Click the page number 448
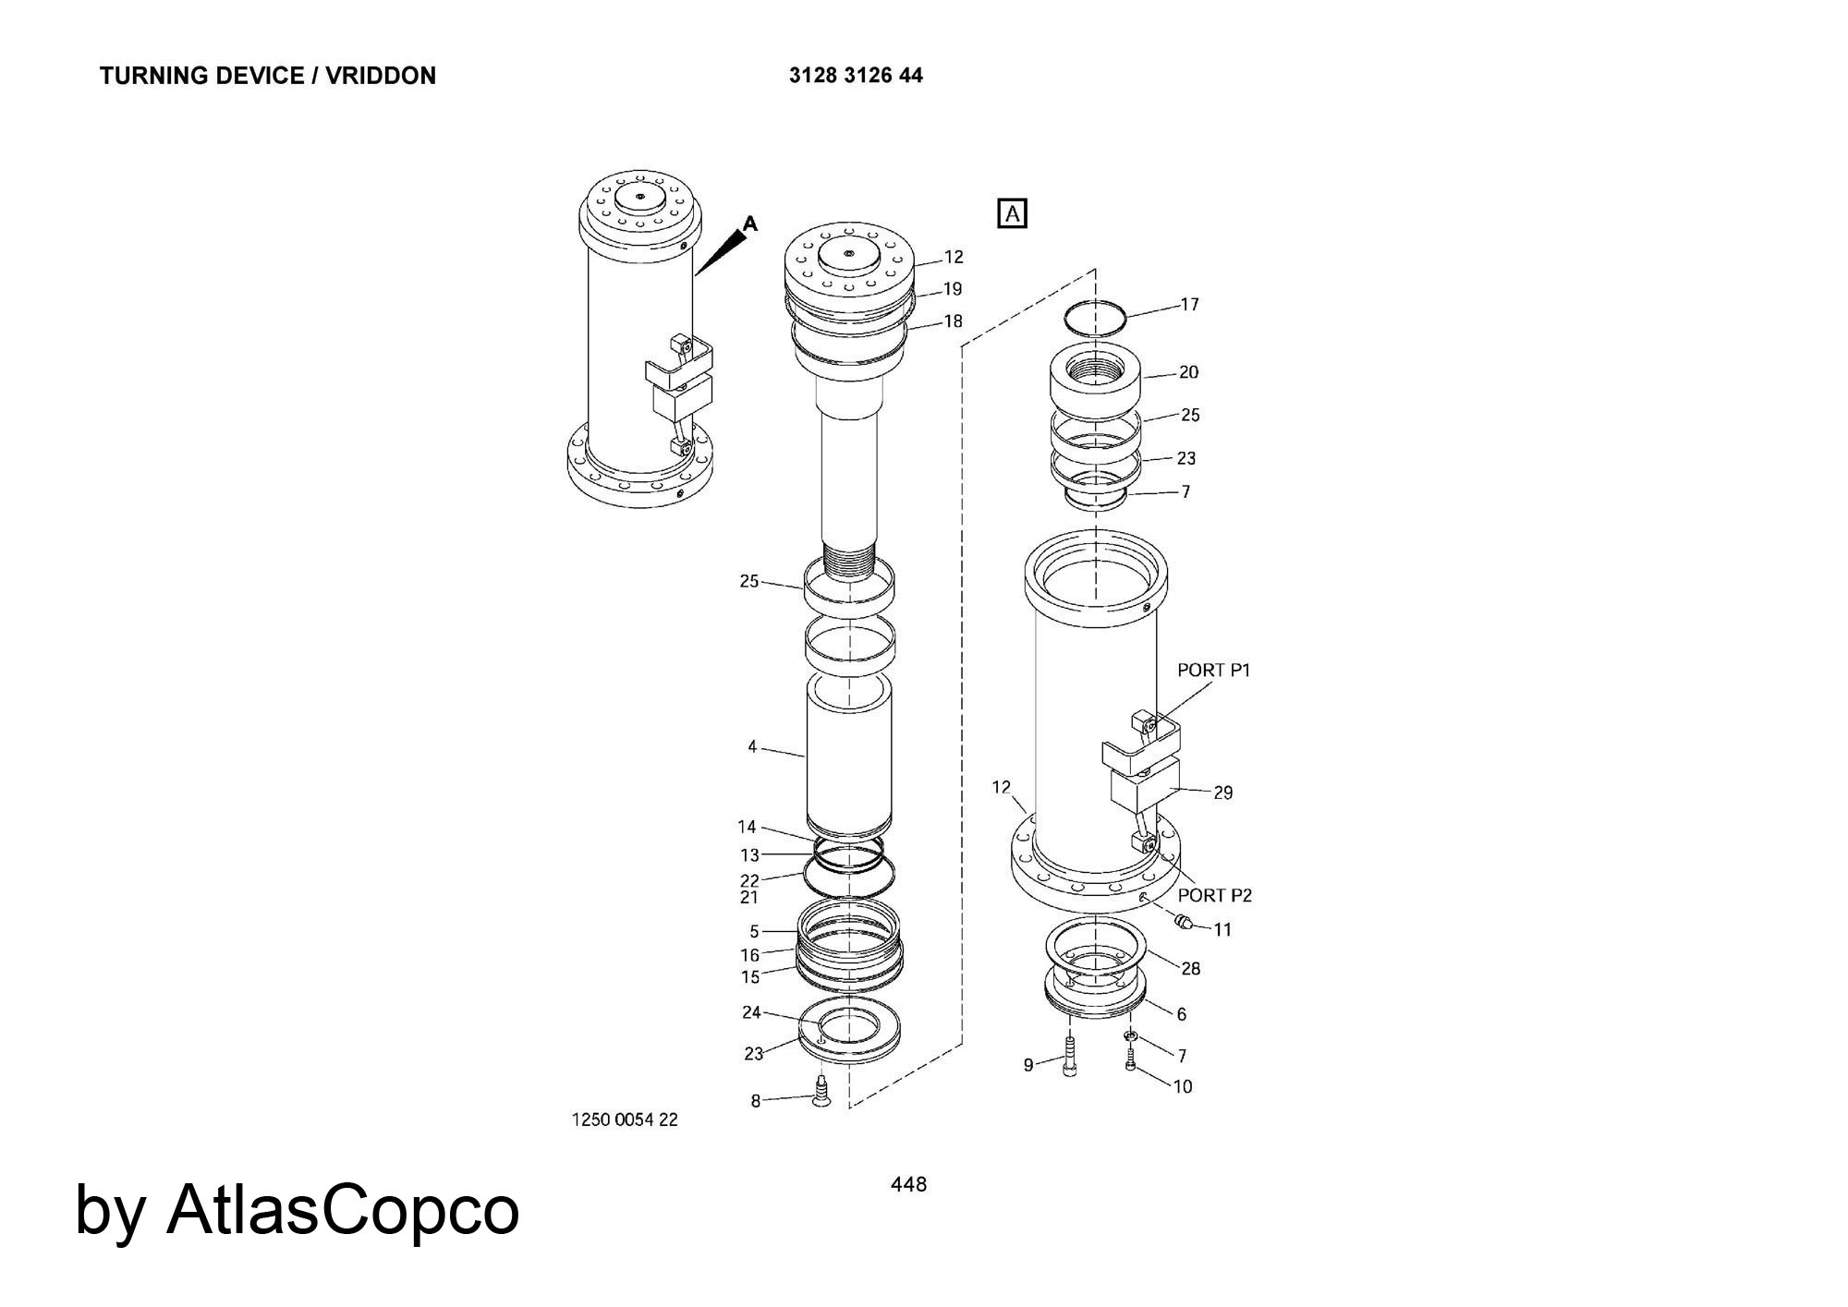coord(908,1184)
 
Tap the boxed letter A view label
coord(1013,214)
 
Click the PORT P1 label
coord(1213,671)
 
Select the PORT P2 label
coord(1215,895)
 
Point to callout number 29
coord(1222,793)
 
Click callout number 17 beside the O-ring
coord(1189,305)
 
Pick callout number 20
coord(1188,372)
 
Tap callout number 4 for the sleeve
coord(752,746)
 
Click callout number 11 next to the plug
coord(1222,930)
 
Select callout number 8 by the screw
coord(755,1101)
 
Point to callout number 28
coord(1191,969)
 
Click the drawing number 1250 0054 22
coord(626,1120)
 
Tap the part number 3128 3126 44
coord(856,76)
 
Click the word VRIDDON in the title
coord(381,76)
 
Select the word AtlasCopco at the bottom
coord(343,1210)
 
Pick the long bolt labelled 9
coord(1070,1057)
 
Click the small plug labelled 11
coord(1181,921)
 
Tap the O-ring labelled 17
coord(1096,319)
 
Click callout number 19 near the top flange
coord(953,289)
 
